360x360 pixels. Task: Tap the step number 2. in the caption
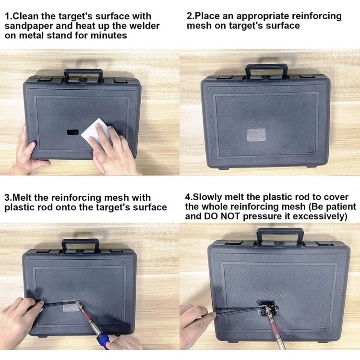[x=191, y=16]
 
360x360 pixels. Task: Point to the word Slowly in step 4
[x=209, y=197]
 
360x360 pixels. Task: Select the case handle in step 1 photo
[x=84, y=74]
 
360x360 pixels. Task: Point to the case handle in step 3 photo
[x=80, y=244]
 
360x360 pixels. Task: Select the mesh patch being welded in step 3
[x=71, y=306]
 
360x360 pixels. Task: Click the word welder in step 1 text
[x=144, y=25]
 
